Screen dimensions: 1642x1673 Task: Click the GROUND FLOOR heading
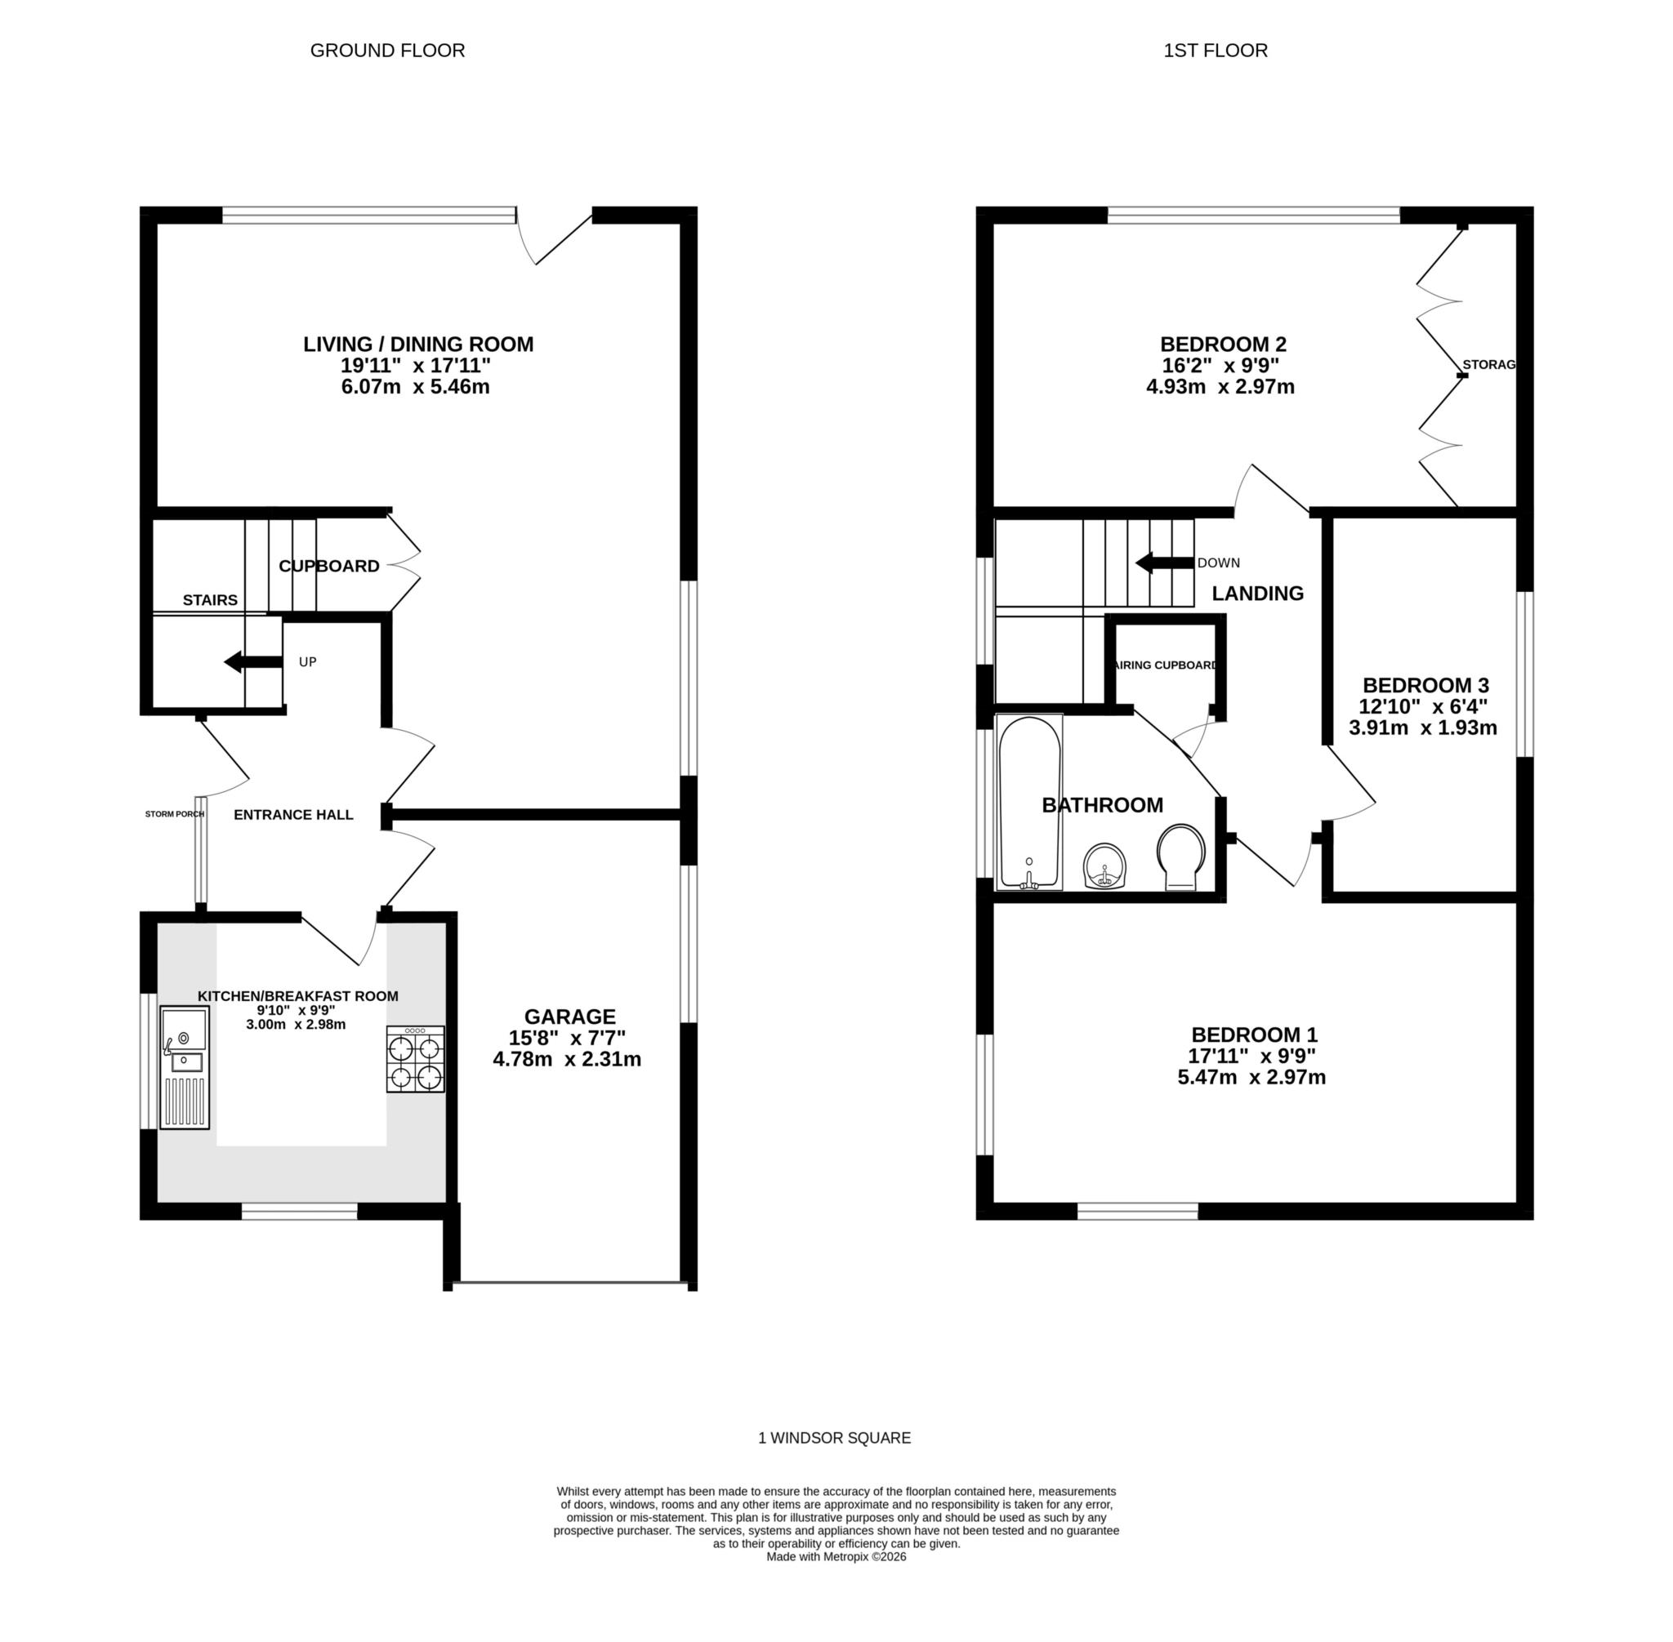pyautogui.click(x=387, y=51)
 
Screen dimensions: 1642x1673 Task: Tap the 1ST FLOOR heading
pyautogui.click(x=1215, y=51)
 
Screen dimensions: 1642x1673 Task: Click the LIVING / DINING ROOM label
pyautogui.click(x=417, y=344)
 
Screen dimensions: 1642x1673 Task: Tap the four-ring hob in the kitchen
pyautogui.click(x=415, y=1060)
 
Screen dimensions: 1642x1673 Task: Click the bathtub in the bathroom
pyautogui.click(x=1028, y=802)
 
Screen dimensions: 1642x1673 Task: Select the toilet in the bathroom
pyautogui.click(x=1180, y=856)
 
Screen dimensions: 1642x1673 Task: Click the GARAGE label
pyautogui.click(x=569, y=1017)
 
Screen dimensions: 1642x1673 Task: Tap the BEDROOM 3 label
pyautogui.click(x=1425, y=686)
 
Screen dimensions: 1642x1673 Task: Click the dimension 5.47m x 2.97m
pyautogui.click(x=1251, y=1077)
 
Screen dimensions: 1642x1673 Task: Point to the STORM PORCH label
pyautogui.click(x=174, y=813)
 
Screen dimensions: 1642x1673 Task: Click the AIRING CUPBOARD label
pyautogui.click(x=1166, y=665)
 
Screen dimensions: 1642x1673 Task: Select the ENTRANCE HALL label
pyautogui.click(x=293, y=815)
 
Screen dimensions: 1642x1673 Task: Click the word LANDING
pyautogui.click(x=1257, y=594)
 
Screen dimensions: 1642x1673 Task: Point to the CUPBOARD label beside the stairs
pyautogui.click(x=328, y=567)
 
